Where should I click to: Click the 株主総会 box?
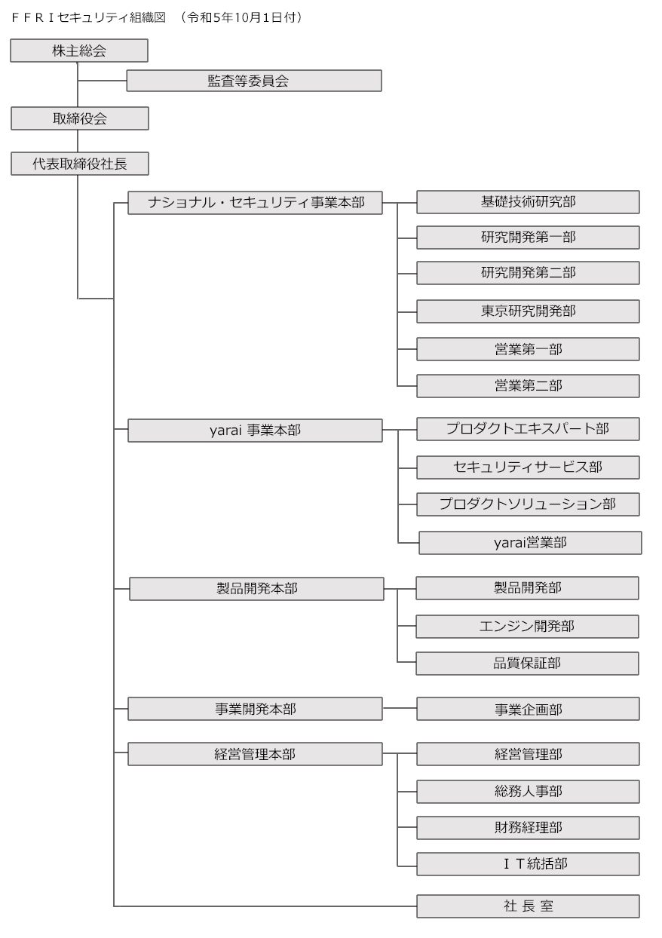(79, 51)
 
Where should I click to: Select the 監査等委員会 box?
(254, 81)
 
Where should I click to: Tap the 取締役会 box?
(80, 118)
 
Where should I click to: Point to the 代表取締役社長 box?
(80, 164)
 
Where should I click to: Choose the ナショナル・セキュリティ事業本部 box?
(255, 203)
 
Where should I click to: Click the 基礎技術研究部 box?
(528, 202)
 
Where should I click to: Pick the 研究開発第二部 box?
(528, 273)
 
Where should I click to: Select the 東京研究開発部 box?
(528, 311)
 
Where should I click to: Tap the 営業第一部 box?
(528, 349)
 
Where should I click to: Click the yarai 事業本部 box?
(255, 430)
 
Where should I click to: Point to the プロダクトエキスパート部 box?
(528, 429)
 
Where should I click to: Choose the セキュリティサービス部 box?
(528, 467)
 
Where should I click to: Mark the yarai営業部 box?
(531, 543)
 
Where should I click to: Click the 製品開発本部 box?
(256, 589)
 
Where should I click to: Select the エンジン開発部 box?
(527, 627)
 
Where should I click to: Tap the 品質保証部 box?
(527, 664)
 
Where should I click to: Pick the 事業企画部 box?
(528, 709)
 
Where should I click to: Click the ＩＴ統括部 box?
(528, 864)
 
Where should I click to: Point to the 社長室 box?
(528, 906)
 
